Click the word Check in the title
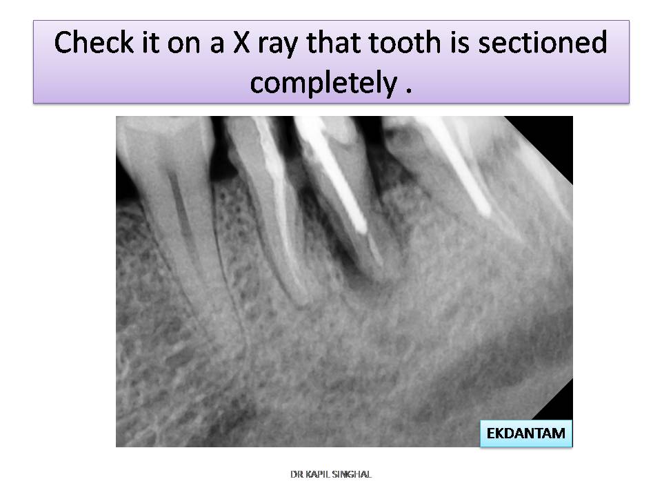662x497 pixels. (94, 42)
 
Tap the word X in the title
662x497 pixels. (241, 42)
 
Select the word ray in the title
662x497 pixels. (278, 46)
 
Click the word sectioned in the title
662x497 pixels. (542, 42)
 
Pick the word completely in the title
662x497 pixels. (324, 82)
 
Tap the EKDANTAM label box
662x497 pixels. (526, 433)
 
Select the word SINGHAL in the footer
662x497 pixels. (351, 474)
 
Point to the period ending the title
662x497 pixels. (408, 90)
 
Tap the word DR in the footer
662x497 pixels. (297, 474)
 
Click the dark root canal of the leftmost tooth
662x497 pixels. (179, 203)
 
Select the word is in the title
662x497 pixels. (459, 42)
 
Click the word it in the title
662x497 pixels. (150, 42)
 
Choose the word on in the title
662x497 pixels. (183, 46)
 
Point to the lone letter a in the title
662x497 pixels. (216, 46)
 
